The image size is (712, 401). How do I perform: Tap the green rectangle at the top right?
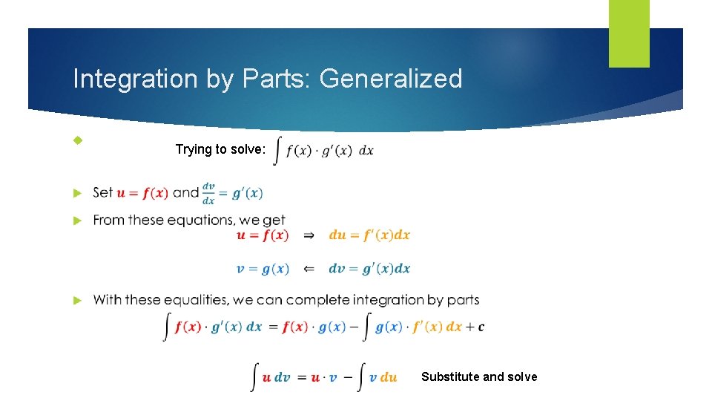pyautogui.click(x=629, y=33)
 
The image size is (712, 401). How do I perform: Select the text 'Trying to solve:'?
pyautogui.click(x=220, y=149)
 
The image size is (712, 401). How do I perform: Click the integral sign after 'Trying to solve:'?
pyautogui.click(x=277, y=150)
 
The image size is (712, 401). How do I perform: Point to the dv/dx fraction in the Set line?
pyautogui.click(x=209, y=193)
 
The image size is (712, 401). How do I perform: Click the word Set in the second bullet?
pyautogui.click(x=103, y=193)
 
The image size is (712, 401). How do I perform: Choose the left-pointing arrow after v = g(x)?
pyautogui.click(x=309, y=269)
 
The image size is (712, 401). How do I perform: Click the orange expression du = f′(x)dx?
pyautogui.click(x=369, y=235)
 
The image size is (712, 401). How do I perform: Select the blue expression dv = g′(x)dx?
pyautogui.click(x=369, y=269)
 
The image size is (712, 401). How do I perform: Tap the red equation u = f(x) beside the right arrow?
pyautogui.click(x=263, y=235)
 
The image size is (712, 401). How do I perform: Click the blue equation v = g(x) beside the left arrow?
pyautogui.click(x=263, y=269)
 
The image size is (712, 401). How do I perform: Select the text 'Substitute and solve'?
pyautogui.click(x=479, y=376)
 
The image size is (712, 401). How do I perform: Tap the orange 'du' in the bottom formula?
pyautogui.click(x=389, y=377)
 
